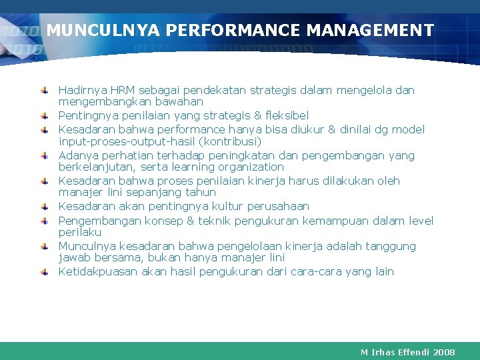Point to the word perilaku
point(80,233)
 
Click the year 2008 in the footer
point(443,351)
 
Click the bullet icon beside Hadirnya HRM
point(43,89)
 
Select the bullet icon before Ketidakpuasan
point(43,271)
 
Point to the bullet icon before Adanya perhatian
point(43,155)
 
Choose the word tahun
point(199,193)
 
